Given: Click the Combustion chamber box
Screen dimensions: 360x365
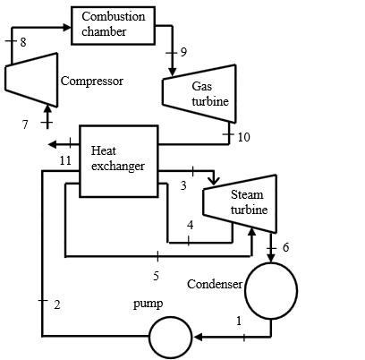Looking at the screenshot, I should (x=111, y=24).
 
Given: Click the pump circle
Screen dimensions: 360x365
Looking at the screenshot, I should (x=169, y=339).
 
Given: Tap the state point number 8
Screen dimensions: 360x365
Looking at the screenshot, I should (x=22, y=41).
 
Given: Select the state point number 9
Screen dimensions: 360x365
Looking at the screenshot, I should (x=183, y=52).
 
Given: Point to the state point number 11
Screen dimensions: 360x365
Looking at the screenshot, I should (x=64, y=160).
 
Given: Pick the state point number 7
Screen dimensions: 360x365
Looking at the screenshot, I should (x=26, y=124).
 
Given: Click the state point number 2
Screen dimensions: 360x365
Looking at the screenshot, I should (x=56, y=305).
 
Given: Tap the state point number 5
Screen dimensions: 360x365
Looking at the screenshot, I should (x=155, y=275).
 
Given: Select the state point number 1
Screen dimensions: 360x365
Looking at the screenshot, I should (x=238, y=321).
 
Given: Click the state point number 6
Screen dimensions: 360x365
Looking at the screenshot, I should (x=285, y=246).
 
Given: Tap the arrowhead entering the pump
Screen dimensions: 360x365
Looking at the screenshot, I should (x=197, y=338).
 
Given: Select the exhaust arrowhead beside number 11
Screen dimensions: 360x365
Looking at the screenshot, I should (x=53, y=144).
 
